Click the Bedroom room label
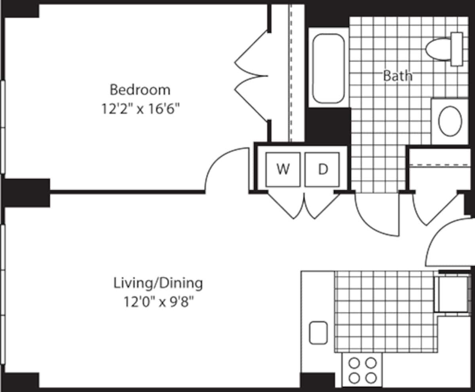coord(140,90)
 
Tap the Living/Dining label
coord(158,283)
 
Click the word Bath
coord(397,76)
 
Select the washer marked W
coord(283,169)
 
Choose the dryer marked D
coord(323,169)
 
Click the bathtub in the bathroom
coord(328,68)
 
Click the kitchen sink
coord(318,333)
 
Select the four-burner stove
coord(362,369)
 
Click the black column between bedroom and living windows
coord(26,193)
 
